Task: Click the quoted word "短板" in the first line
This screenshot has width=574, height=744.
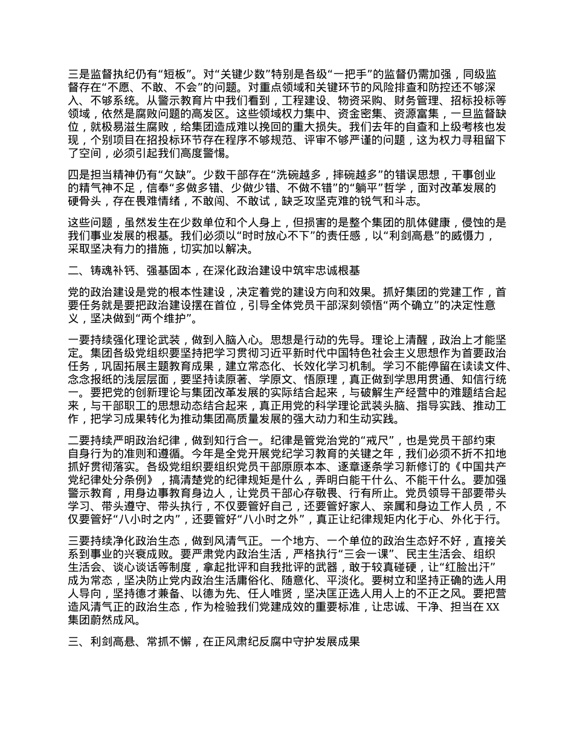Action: coord(176,75)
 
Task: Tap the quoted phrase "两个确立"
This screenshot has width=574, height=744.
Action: coord(407,305)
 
